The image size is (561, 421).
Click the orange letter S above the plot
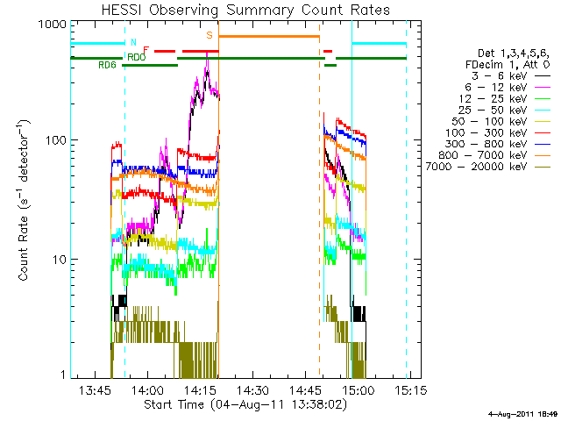click(x=209, y=35)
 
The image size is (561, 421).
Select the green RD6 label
click(x=107, y=65)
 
